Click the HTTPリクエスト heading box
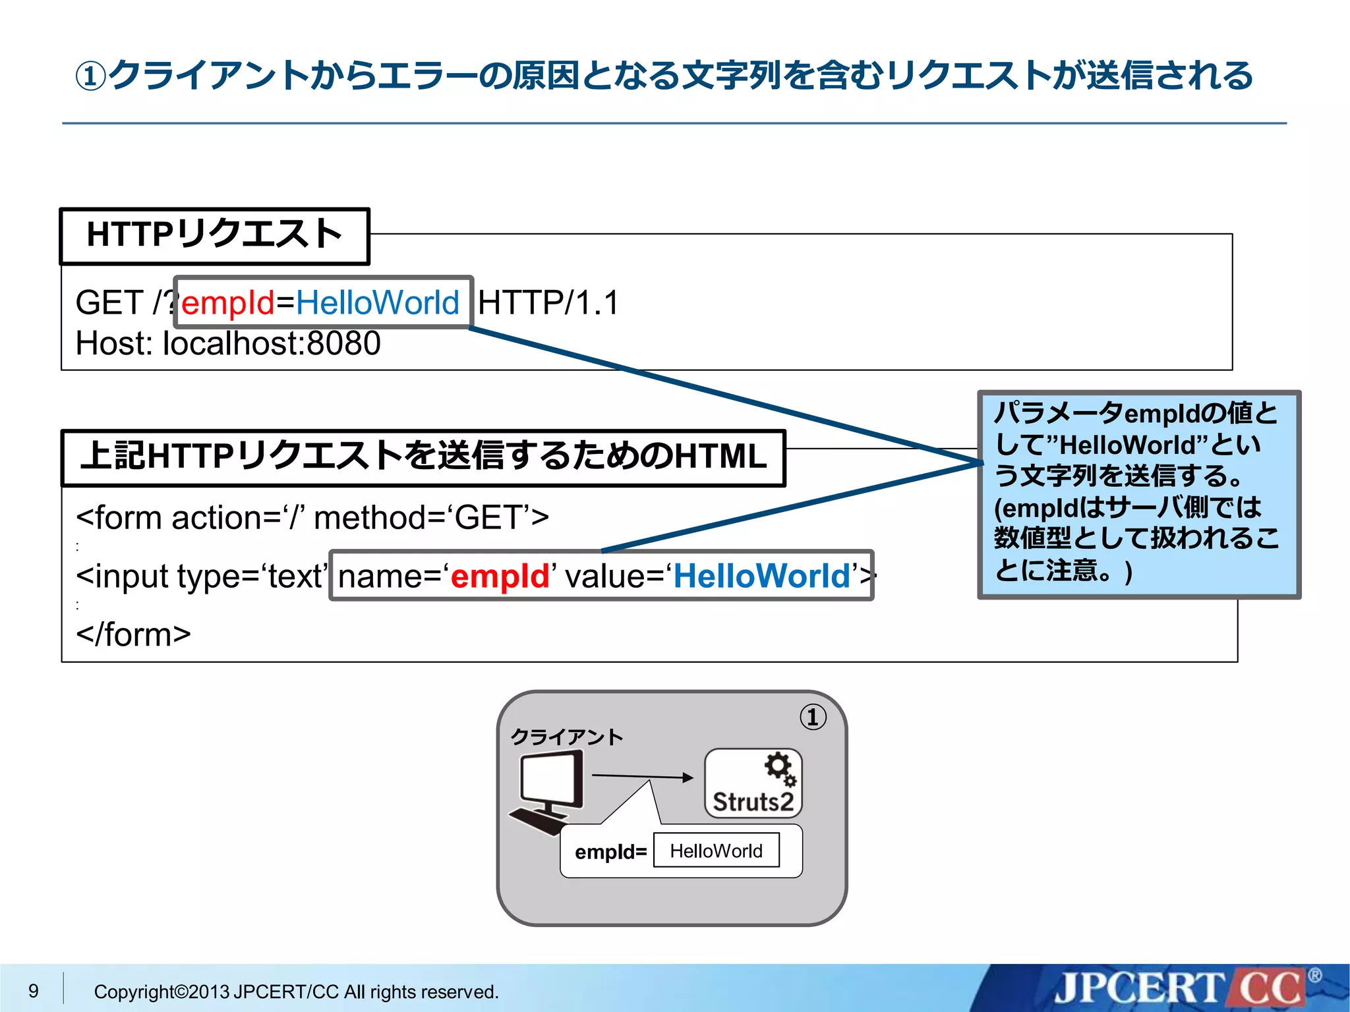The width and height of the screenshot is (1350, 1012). coord(214,236)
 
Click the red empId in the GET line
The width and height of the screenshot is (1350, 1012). coord(227,303)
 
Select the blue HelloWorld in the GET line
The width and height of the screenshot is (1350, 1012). coord(377,303)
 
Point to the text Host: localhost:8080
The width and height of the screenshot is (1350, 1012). coord(228,344)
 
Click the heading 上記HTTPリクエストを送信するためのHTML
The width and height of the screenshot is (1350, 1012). coord(423,457)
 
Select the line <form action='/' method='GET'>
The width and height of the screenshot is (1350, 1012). coord(312,518)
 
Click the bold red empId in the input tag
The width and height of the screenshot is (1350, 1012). coord(500,576)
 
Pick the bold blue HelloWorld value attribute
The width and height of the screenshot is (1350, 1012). coord(761,576)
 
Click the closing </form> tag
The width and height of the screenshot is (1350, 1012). coord(133,635)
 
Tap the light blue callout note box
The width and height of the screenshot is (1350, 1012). coord(1138,494)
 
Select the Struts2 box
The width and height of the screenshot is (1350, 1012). coord(753,784)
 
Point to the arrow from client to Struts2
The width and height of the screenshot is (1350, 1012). coord(642,777)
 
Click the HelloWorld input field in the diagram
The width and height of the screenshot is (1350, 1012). coord(716,851)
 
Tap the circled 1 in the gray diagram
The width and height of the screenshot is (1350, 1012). coord(813,717)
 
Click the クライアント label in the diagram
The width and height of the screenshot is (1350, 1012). coord(567,737)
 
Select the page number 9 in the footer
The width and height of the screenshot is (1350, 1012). coord(34,991)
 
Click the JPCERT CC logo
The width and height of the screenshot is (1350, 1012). coord(1180,989)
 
